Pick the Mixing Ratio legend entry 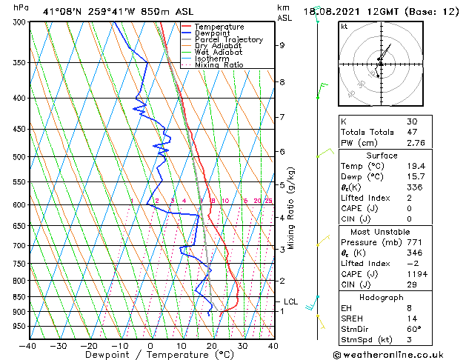coord(219,65)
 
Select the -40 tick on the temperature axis coord(28,345)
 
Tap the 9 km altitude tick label coord(282,45)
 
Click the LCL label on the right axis coord(291,301)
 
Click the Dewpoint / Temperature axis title coord(149,355)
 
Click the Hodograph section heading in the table coord(382,296)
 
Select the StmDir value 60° coord(413,329)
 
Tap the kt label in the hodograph coord(344,27)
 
